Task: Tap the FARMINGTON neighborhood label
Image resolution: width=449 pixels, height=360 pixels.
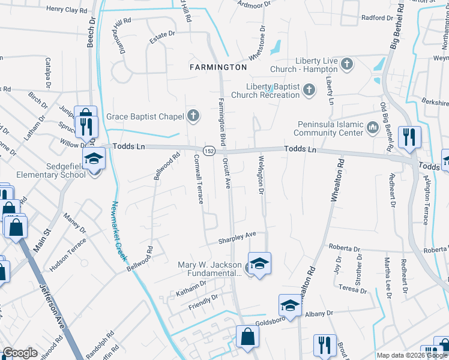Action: [218, 67]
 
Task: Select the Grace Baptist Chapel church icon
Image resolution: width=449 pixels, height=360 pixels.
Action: [193, 116]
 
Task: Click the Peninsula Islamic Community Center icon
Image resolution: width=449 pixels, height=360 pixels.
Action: [372, 127]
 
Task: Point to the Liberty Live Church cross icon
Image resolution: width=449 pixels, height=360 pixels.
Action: [346, 64]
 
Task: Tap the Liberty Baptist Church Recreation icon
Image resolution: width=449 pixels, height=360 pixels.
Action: [309, 90]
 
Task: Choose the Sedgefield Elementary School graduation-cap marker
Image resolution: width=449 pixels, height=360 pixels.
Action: [94, 160]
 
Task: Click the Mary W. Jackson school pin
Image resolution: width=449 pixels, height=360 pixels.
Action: [259, 264]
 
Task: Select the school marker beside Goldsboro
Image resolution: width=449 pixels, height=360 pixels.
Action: [289, 305]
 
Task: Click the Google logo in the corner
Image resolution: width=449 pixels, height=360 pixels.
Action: [20, 353]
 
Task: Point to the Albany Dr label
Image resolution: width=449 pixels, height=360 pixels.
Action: [318, 313]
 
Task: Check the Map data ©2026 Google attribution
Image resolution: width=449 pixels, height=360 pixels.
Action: [411, 355]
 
